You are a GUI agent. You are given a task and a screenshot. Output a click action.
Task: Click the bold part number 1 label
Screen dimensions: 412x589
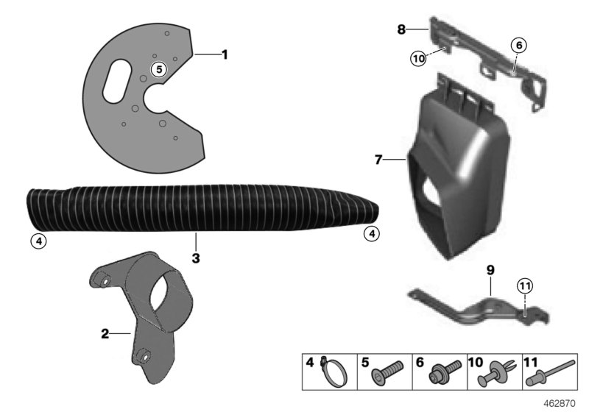click(x=225, y=54)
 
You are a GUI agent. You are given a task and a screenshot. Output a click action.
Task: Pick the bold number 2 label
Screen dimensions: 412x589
click(x=105, y=333)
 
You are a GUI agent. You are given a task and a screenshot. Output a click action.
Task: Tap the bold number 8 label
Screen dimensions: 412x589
click(x=401, y=29)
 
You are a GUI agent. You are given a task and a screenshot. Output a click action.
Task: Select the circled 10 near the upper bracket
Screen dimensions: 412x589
click(x=418, y=58)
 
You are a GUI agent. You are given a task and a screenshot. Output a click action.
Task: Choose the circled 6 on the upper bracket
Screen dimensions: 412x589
click(x=518, y=45)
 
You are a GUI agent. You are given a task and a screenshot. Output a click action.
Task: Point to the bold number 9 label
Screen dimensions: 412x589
click(x=490, y=270)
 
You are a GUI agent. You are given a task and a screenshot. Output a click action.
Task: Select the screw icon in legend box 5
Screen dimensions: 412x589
click(x=386, y=372)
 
